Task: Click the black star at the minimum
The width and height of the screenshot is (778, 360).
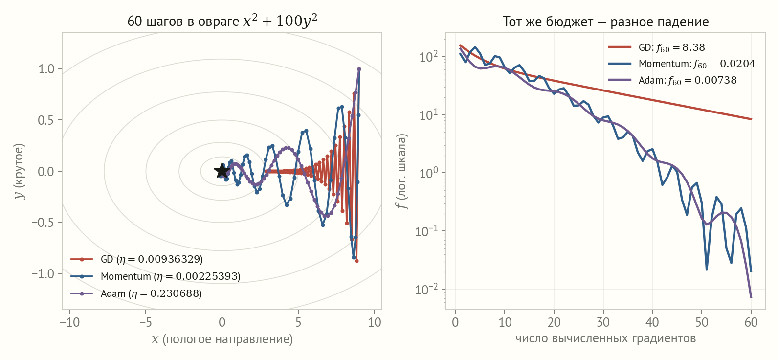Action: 222,171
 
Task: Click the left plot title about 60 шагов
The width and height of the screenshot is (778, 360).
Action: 222,21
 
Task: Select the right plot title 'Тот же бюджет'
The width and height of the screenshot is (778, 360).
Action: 605,22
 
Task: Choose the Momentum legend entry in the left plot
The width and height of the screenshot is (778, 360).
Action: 156,276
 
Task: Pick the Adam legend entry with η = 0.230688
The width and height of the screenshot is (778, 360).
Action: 136,293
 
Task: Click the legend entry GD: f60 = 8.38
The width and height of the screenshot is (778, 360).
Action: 656,47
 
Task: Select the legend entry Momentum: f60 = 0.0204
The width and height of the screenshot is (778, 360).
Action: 682,64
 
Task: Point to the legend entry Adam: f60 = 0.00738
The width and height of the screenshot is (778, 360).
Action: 672,80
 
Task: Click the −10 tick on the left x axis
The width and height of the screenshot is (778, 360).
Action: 69,322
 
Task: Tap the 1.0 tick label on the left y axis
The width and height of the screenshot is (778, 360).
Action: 46,69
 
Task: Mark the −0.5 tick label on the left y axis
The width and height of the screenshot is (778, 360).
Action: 43,223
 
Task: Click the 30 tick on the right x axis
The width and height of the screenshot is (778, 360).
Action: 603,322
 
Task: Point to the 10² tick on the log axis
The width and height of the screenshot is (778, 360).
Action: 429,56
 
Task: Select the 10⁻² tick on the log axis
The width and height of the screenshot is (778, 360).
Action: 427,289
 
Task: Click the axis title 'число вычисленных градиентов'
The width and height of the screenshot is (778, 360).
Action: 605,338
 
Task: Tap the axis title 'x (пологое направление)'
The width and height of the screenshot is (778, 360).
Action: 222,339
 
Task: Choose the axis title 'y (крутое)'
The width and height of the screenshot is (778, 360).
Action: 20,171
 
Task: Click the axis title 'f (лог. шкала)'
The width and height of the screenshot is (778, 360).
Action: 402,171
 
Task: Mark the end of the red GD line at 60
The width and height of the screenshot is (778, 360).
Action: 751,119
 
